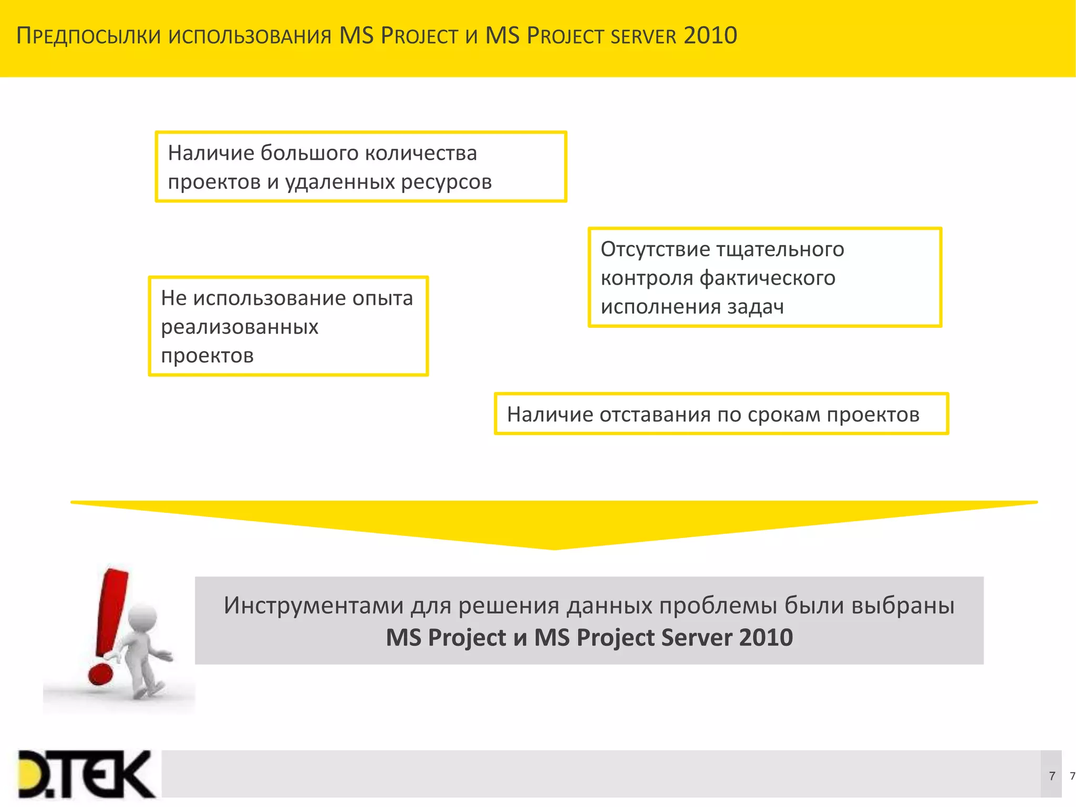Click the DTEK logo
tap(87, 774)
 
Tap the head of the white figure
tap(142, 617)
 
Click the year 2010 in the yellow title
tap(710, 36)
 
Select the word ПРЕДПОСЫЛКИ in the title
tap(88, 36)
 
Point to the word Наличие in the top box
tap(210, 153)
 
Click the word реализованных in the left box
tap(240, 327)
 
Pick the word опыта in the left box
tap(382, 298)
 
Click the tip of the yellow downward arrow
tap(554, 547)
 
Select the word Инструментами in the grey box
tap(313, 605)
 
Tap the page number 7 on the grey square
tap(1052, 775)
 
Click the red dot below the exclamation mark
tap(100, 675)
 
